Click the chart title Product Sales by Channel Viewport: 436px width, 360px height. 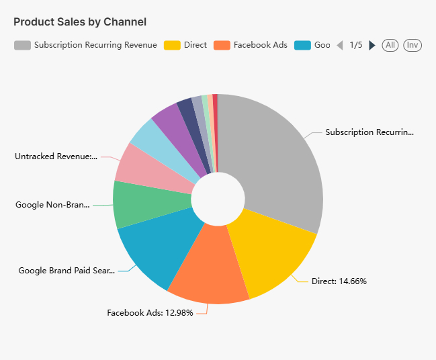coord(80,21)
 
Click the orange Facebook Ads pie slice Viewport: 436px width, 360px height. coord(208,269)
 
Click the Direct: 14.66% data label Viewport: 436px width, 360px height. coord(339,281)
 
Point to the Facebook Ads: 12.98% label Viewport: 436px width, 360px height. coord(150,312)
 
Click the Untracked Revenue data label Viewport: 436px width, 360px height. coord(56,156)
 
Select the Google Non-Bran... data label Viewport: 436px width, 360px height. coord(52,204)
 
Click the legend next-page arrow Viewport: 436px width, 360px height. coord(372,45)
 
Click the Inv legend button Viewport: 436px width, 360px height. coord(412,45)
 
